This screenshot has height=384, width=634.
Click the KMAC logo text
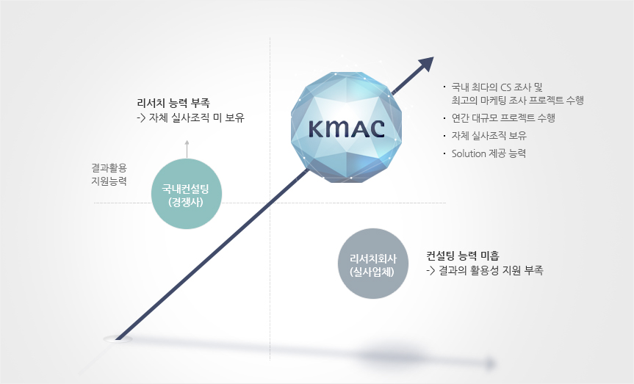(x=347, y=128)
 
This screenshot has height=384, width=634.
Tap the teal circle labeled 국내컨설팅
(x=187, y=194)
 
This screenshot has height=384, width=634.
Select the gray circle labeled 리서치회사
(x=372, y=264)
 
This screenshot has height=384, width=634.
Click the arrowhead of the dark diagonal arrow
(x=426, y=65)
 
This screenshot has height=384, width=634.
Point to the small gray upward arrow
(x=187, y=149)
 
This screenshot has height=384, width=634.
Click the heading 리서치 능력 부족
(x=173, y=103)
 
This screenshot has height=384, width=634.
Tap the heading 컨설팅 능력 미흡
(x=463, y=256)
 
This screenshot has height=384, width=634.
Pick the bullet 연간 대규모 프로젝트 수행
(x=503, y=117)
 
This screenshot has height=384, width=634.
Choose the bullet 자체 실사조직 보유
(x=489, y=135)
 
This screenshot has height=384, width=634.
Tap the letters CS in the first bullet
(x=506, y=87)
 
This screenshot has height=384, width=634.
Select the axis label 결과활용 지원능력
(x=109, y=174)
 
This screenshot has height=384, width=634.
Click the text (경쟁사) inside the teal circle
(x=186, y=202)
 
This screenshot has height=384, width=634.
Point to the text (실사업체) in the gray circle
(x=372, y=272)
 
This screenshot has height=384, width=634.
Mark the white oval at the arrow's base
(x=118, y=339)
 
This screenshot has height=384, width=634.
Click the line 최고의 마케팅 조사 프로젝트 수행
(x=517, y=100)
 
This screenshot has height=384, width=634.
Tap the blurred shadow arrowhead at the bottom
(x=489, y=363)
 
